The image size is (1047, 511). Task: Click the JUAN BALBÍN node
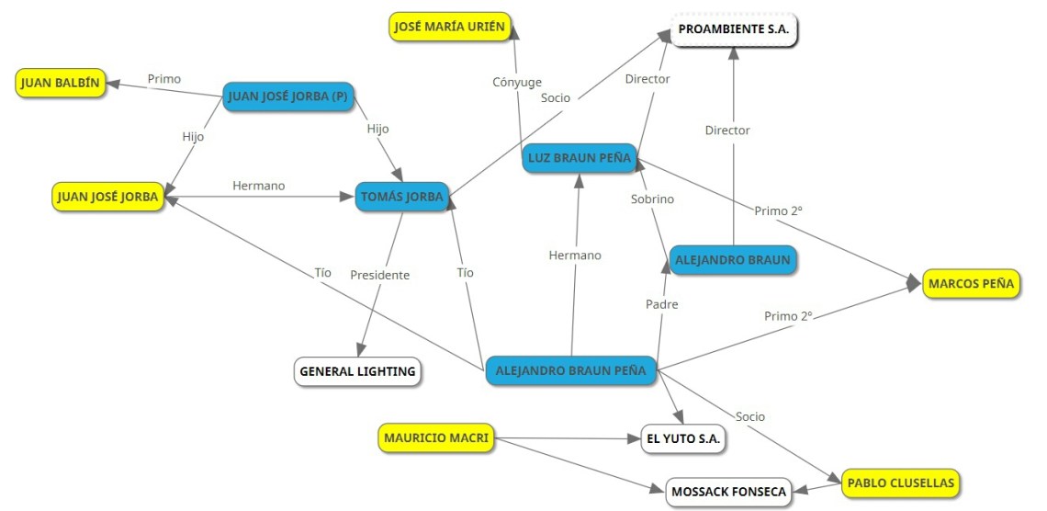click(61, 83)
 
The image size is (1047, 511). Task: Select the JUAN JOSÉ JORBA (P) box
click(289, 96)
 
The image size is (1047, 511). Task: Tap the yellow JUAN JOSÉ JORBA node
click(108, 196)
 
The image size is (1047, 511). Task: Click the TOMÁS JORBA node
click(402, 196)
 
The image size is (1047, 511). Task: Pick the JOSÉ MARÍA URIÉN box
click(449, 27)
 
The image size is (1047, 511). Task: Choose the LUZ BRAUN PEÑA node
click(579, 158)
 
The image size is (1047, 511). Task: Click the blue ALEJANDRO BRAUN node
click(732, 260)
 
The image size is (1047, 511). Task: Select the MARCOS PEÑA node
click(971, 283)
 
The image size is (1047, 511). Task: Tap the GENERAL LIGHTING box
click(357, 372)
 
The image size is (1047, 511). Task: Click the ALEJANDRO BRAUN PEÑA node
click(570, 371)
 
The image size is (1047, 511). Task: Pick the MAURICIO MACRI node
click(435, 437)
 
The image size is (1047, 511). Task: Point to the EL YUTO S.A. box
click(684, 439)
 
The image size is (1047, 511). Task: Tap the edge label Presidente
click(379, 274)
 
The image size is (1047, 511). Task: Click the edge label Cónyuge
click(517, 82)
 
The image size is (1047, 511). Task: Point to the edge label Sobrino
click(652, 199)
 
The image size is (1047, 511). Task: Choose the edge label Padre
click(661, 303)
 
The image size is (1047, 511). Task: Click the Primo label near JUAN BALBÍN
click(164, 79)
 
